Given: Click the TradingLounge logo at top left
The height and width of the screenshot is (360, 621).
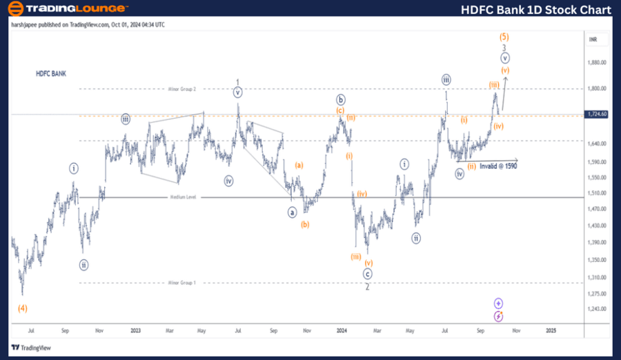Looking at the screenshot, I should point(66,9).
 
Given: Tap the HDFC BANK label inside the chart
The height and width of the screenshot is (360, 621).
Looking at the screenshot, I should point(51,73).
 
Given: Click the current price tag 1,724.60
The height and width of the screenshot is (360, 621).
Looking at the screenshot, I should point(594,114).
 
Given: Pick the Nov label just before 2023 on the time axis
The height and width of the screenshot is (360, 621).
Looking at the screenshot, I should point(99,331).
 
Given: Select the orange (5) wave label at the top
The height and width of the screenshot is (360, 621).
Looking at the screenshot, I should point(504,36).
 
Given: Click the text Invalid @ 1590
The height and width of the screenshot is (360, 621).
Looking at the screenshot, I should point(498,166).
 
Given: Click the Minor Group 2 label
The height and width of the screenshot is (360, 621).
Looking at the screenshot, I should point(182,89).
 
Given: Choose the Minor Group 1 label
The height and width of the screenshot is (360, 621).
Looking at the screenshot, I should point(182,283).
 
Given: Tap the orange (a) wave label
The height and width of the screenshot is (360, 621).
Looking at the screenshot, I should point(299,165).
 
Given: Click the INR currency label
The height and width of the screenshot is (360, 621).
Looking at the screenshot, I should point(593,40).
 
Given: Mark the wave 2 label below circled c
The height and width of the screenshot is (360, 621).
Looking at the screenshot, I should point(368,287).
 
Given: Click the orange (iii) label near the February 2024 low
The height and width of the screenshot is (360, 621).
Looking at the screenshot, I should point(355,257).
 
